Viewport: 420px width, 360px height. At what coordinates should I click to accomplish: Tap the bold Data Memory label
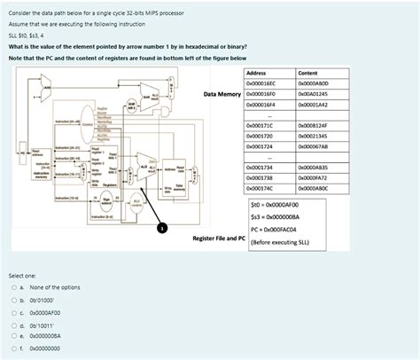pos(222,92)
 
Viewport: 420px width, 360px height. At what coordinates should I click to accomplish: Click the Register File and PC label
pos(218,239)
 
